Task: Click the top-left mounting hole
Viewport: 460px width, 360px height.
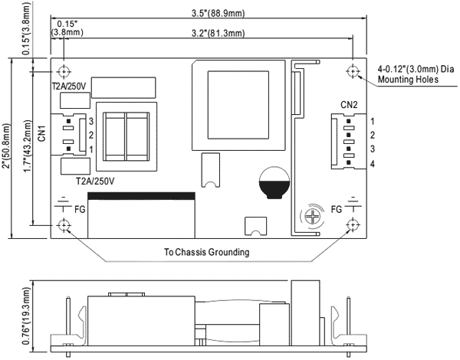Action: (x=63, y=70)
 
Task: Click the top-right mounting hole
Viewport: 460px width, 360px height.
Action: (x=353, y=70)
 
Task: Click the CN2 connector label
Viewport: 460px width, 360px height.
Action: (x=350, y=104)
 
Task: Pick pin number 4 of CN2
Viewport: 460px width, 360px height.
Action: (x=372, y=164)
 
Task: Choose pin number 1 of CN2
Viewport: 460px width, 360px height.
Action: (x=372, y=121)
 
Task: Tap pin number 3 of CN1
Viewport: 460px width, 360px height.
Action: (x=90, y=121)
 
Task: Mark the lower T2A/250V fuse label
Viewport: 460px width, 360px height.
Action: (x=95, y=181)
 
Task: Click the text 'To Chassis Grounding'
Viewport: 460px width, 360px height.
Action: (x=207, y=251)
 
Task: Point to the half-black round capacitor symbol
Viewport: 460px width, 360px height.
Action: (x=273, y=184)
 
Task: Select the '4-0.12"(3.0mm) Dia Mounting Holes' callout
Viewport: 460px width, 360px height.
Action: (x=412, y=74)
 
